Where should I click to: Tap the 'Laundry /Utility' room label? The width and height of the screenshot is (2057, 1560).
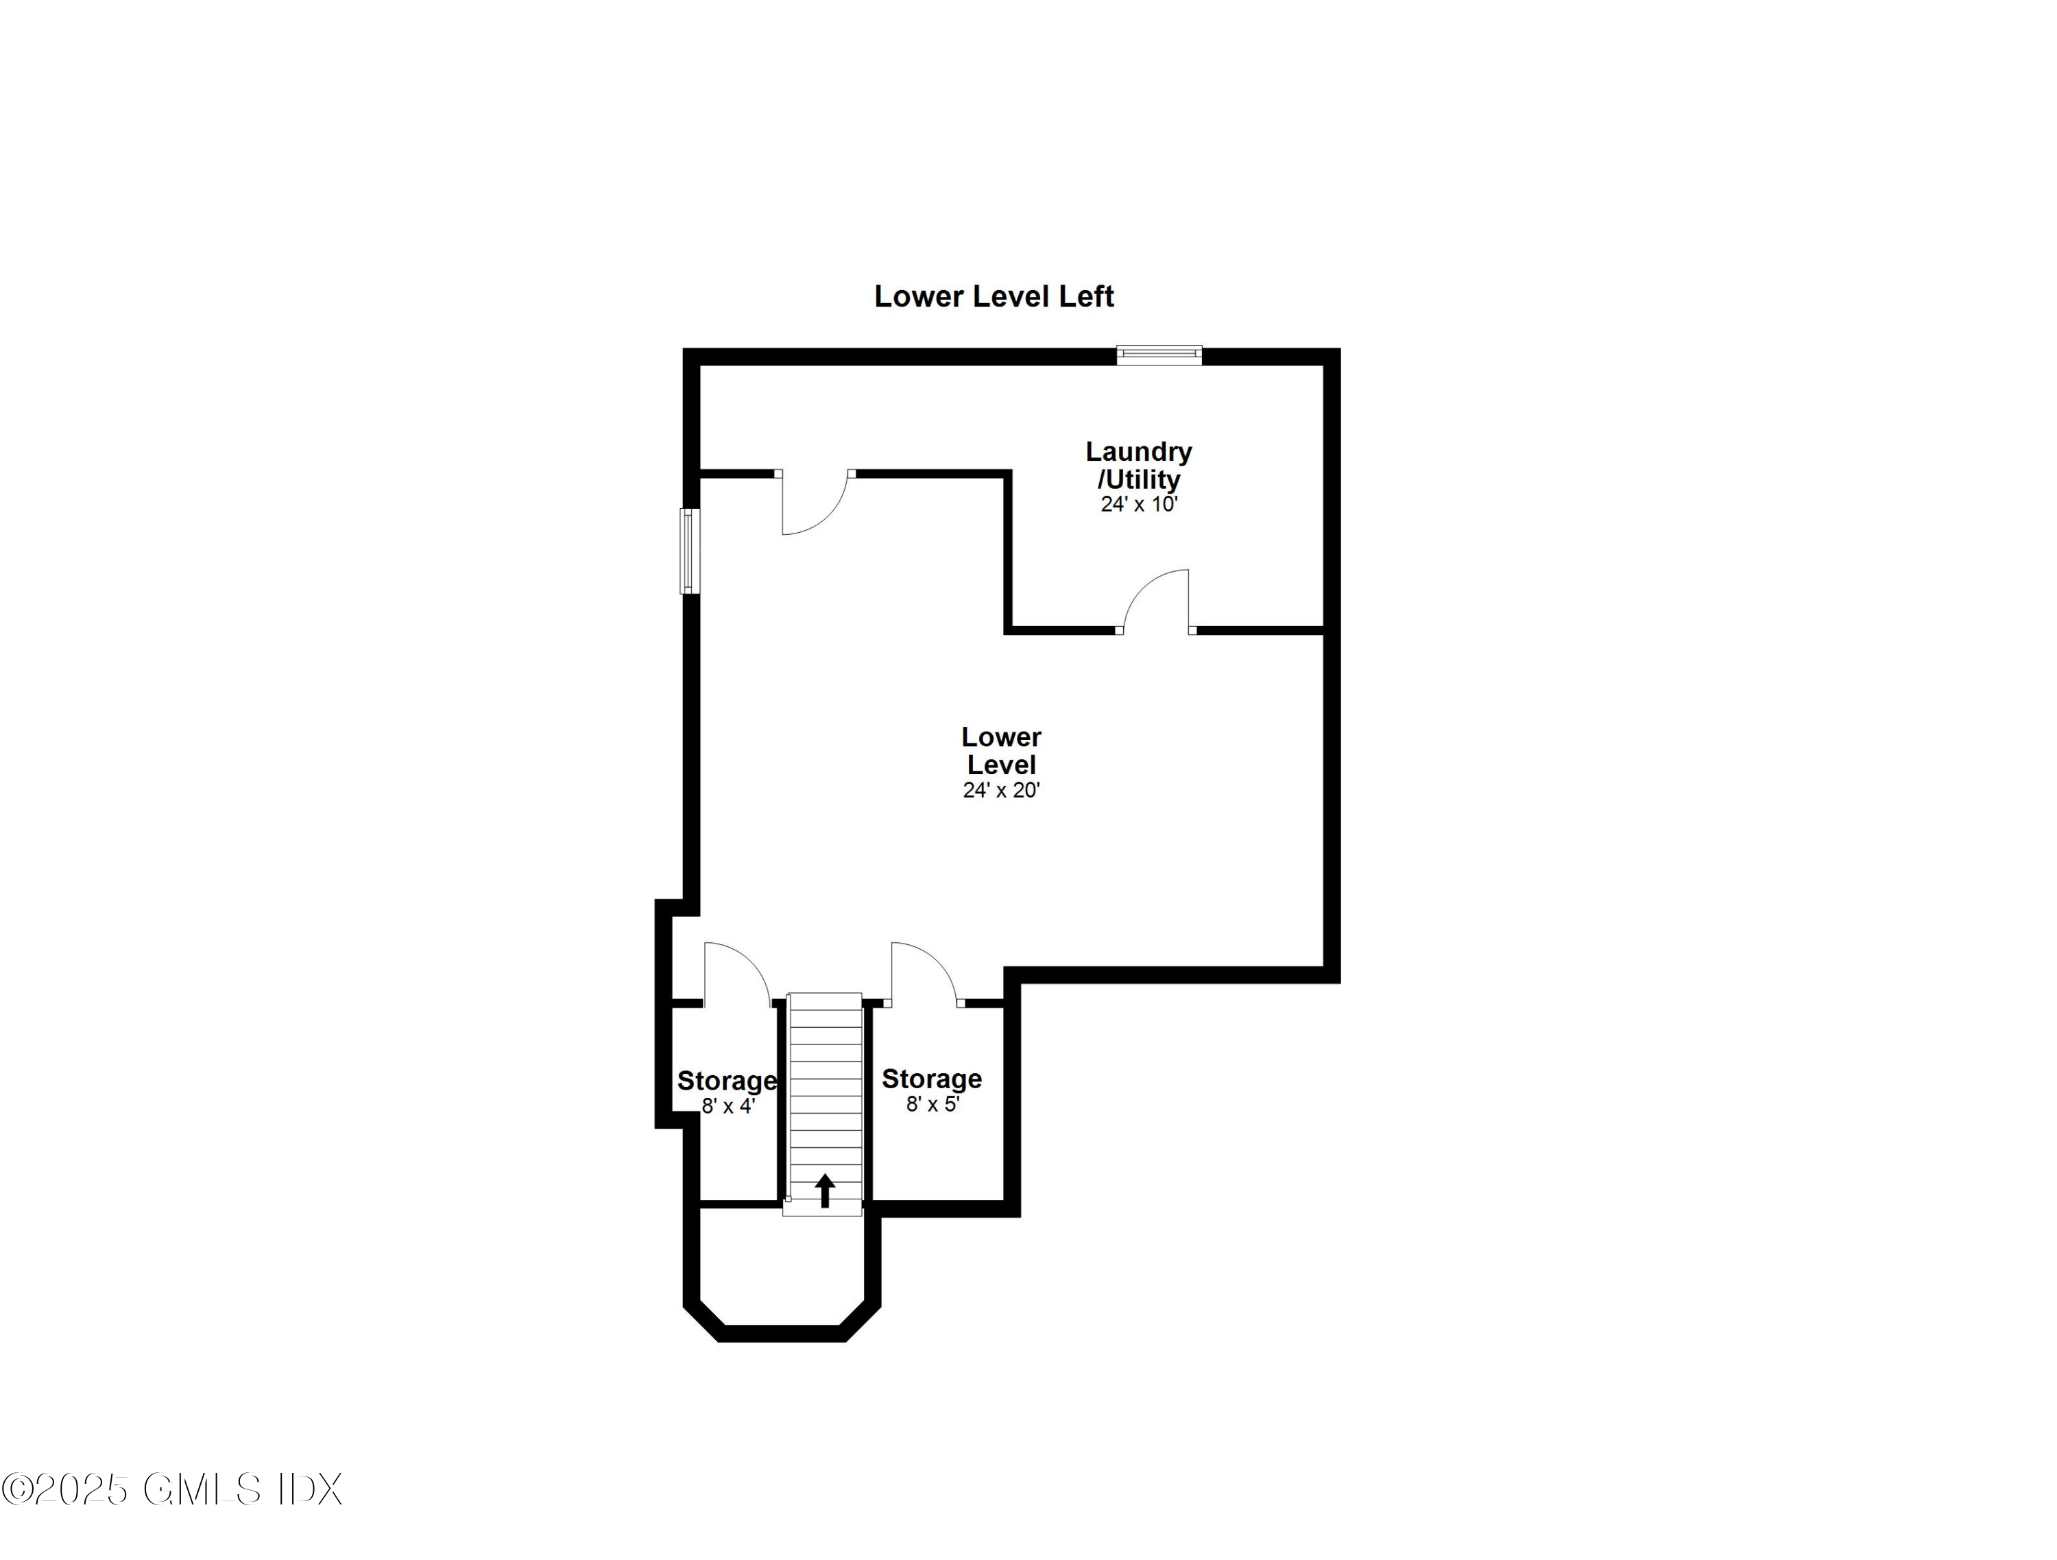[x=1138, y=465]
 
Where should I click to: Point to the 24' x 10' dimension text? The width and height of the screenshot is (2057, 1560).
[x=1139, y=505]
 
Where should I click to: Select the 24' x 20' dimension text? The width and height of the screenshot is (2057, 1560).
[x=1000, y=791]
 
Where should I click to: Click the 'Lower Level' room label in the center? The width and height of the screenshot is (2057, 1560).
[x=1000, y=751]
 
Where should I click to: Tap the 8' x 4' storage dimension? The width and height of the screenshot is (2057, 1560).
[x=727, y=1107]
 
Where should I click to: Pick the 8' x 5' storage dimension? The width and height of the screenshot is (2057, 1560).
[x=932, y=1104]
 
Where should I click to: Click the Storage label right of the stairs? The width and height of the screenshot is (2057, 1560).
[x=932, y=1079]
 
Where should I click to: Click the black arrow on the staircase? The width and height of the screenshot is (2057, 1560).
[x=825, y=1190]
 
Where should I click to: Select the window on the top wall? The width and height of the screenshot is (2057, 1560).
[x=1159, y=355]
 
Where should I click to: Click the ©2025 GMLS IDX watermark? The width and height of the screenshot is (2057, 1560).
[x=172, y=1489]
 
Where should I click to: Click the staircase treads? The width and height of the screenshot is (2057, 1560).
[x=825, y=1088]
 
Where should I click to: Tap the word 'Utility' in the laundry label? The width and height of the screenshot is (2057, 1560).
[x=1143, y=480]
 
